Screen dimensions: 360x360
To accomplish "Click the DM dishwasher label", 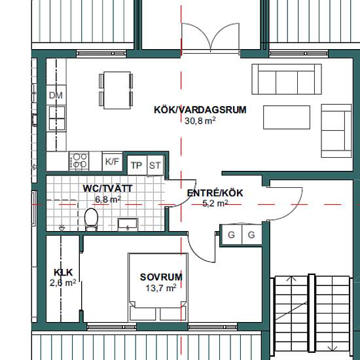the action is (x=56, y=96).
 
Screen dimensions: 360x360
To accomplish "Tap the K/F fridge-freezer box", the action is (x=113, y=162).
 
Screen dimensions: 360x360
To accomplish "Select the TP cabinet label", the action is (x=136, y=166).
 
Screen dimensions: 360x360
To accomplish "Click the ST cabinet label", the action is (x=155, y=166).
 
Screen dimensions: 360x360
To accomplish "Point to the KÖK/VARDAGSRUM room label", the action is (x=200, y=110).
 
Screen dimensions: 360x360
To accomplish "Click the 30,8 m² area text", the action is (x=200, y=120).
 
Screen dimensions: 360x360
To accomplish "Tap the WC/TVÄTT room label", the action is (x=107, y=189).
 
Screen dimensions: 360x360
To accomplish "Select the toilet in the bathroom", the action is (x=92, y=219).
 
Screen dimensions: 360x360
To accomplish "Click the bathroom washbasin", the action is (x=128, y=225).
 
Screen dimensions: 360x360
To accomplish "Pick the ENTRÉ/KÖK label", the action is (x=215, y=193).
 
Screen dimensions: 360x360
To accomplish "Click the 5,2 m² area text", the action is (x=215, y=203).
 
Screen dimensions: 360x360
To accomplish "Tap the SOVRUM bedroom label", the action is (x=161, y=277).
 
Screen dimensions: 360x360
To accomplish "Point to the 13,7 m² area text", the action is (x=161, y=288).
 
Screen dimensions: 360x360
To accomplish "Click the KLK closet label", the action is (x=63, y=272).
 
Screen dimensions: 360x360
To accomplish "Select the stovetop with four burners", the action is (x=79, y=161).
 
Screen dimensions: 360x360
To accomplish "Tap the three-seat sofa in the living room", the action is (x=287, y=79).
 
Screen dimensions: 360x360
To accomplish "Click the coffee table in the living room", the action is (x=287, y=117).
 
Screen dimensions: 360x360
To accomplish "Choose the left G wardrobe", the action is (x=231, y=234).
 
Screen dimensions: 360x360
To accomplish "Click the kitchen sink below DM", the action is (x=57, y=118).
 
